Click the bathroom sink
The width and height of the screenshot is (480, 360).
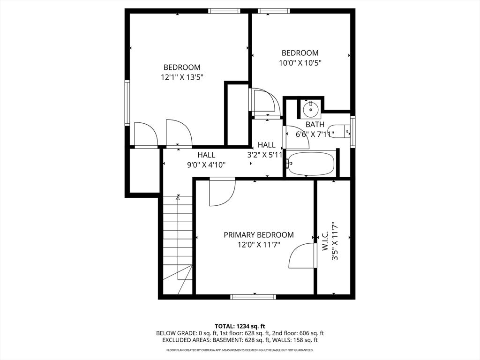coord(311,109)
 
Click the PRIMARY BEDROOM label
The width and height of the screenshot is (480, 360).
coord(259,235)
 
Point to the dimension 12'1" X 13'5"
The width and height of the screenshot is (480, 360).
coord(182,77)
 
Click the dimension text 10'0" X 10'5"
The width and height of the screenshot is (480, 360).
coord(300,63)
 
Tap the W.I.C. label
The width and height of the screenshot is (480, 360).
coord(325,241)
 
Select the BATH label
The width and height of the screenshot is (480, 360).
coord(315,125)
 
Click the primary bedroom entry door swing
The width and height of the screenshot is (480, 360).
coord(222,192)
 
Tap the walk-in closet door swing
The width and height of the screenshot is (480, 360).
coord(302,256)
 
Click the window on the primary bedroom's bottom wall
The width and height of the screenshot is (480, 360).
coord(253,297)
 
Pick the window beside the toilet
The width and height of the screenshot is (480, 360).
coord(353,132)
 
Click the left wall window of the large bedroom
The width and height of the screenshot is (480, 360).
coord(127,103)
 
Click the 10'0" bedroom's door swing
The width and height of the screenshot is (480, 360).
coord(264,103)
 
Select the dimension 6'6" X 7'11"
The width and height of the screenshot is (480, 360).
coord(315,135)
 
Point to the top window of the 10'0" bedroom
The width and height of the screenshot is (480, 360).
coord(274,11)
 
